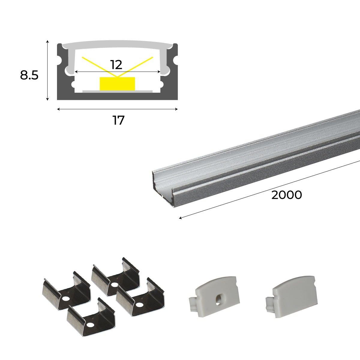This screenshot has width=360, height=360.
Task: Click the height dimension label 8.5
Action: (x=29, y=75)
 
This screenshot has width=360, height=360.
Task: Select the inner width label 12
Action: (x=116, y=65)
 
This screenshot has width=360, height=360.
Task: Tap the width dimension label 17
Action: (x=118, y=121)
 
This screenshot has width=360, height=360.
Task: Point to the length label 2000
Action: (x=286, y=195)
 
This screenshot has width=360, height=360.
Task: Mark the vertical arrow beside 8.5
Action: (x=47, y=70)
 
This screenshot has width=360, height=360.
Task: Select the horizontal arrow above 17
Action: (x=117, y=109)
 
